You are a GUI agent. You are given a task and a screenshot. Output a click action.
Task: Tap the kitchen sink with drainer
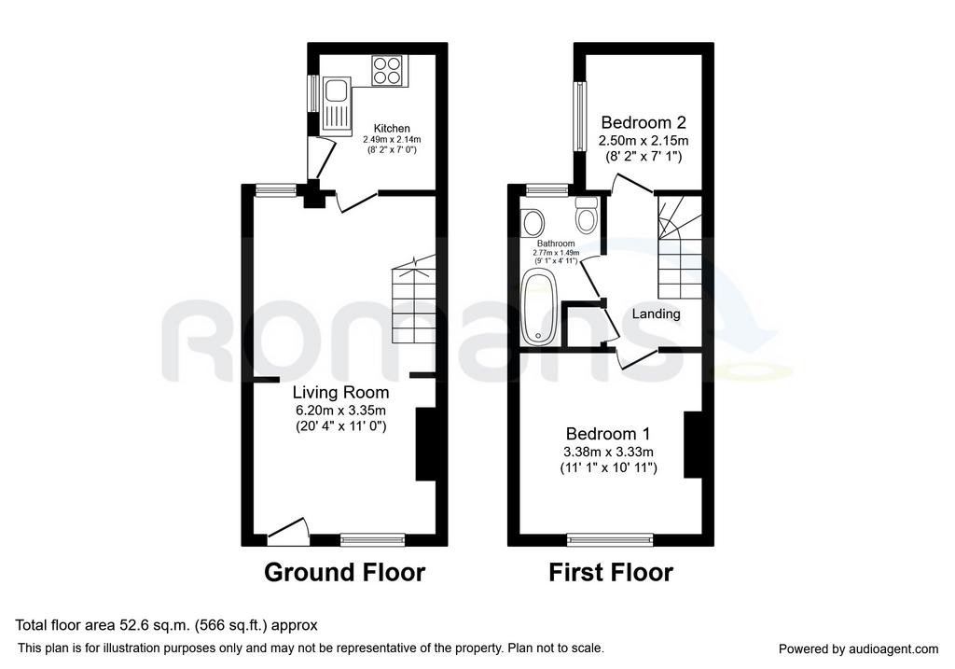coord(337,105)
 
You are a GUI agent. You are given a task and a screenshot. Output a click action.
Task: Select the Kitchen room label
coord(392,129)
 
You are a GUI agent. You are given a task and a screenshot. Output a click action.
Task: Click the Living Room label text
coord(341,392)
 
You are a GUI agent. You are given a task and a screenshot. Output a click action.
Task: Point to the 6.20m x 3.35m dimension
coord(341,410)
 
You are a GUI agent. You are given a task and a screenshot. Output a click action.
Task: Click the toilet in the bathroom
coord(587,216)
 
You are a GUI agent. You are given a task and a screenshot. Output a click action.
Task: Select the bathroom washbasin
coord(533,222)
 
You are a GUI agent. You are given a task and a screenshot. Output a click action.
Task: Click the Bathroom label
coord(556,244)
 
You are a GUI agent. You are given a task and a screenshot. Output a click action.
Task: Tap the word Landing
coord(656,314)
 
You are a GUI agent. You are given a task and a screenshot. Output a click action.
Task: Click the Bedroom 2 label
coord(644,122)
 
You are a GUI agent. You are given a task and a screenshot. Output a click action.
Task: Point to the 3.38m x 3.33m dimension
coord(608,453)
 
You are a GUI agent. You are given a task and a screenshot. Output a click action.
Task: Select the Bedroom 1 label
coord(608,434)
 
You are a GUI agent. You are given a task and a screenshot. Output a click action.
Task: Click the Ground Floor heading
coord(345,573)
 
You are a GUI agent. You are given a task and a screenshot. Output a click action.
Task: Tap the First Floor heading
coord(611,573)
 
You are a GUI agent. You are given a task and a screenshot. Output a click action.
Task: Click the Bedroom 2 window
coord(580,117)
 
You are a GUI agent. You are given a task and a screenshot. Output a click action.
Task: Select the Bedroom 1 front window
coord(610,539)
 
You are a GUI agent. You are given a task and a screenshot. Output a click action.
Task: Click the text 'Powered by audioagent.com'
coord(858,649)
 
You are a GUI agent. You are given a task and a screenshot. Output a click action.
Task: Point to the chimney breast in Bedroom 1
coord(693,444)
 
